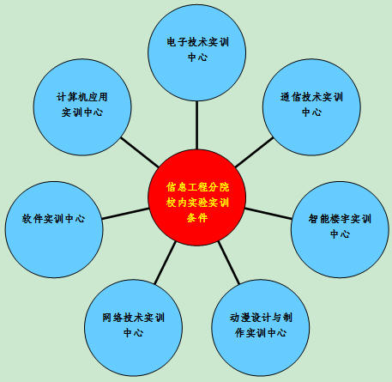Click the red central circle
tap(196, 197)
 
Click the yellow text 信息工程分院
tap(197, 187)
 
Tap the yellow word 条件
tap(197, 218)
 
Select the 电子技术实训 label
tap(197, 42)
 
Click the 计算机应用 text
tap(82, 97)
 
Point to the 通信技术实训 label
tap(311, 97)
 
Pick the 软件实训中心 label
tap(54, 219)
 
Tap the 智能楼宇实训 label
tap(340, 219)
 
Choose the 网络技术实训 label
tap(133, 318)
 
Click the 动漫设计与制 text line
tap(261, 318)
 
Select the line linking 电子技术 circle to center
tap(196, 125)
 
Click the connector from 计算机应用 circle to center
tap(140, 152)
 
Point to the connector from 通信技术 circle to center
tap(254, 152)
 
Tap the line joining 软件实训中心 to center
tap(125, 214)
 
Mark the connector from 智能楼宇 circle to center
tap(268, 214)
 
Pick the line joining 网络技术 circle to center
tap(166, 263)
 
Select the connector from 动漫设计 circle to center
tap(229, 263)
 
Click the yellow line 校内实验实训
tap(197, 203)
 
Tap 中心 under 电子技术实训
tap(197, 58)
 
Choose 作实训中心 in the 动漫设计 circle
tap(261, 332)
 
